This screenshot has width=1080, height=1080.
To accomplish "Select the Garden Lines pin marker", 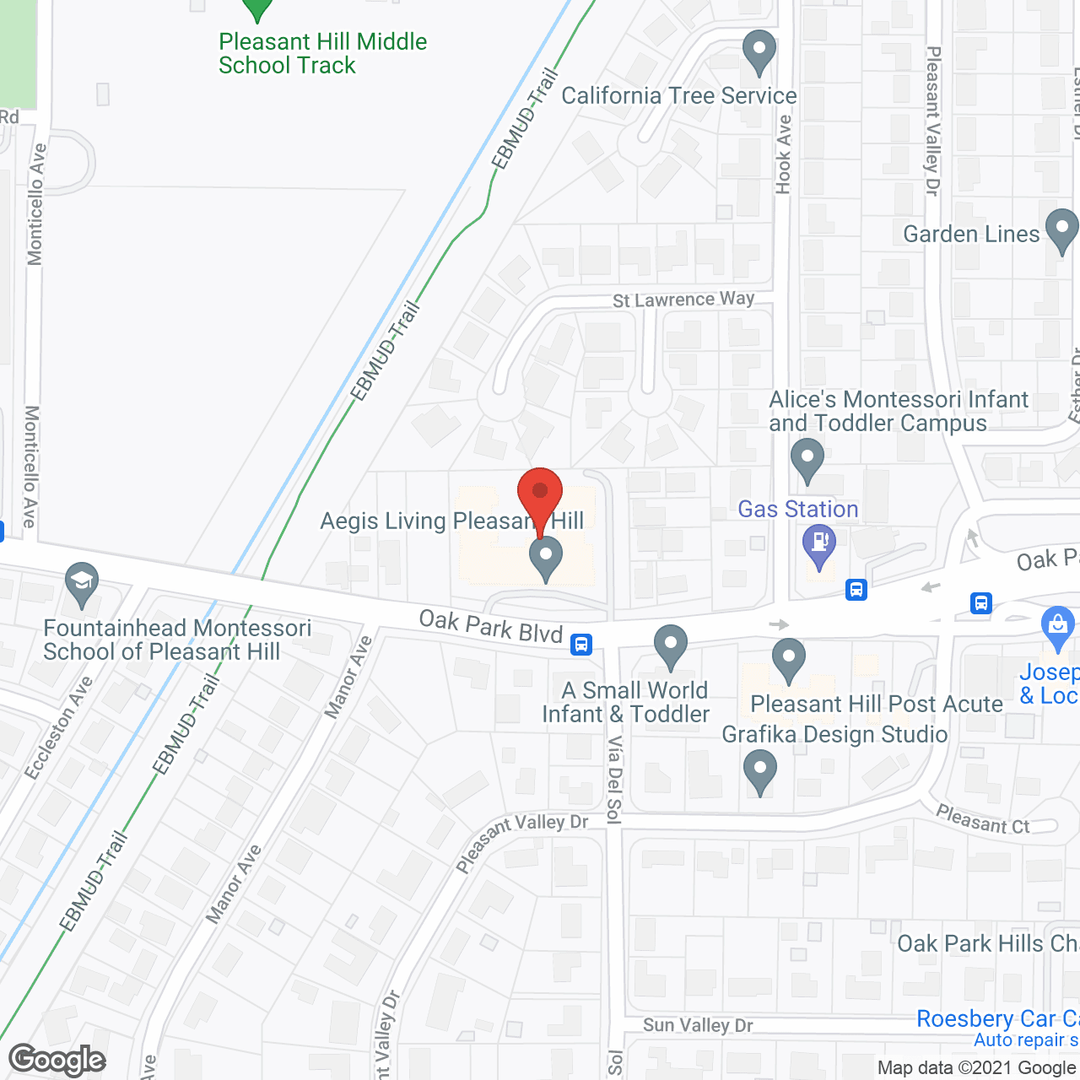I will pyautogui.click(x=1061, y=229).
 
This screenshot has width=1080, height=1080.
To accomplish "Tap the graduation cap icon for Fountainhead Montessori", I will pyautogui.click(x=82, y=582).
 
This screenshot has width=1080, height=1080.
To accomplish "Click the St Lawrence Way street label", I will pyautogui.click(x=683, y=300).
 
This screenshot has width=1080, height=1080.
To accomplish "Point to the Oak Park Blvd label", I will pyautogui.click(x=491, y=626).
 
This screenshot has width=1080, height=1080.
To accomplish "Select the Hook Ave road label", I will pyautogui.click(x=784, y=154).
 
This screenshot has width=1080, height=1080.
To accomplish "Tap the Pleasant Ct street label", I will pyautogui.click(x=983, y=819).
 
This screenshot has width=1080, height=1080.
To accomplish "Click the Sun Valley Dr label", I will pyautogui.click(x=698, y=1025).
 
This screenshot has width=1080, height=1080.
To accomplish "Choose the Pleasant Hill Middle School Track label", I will pyautogui.click(x=322, y=53).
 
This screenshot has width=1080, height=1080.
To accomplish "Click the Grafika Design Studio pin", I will pyautogui.click(x=760, y=771).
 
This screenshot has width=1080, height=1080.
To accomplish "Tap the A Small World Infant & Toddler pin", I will pyautogui.click(x=671, y=645).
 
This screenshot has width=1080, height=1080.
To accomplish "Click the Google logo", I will pyautogui.click(x=57, y=1060).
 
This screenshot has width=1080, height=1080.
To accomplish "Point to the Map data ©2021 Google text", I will pyautogui.click(x=978, y=1068).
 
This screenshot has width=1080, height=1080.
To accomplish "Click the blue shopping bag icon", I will pyautogui.click(x=1056, y=625).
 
